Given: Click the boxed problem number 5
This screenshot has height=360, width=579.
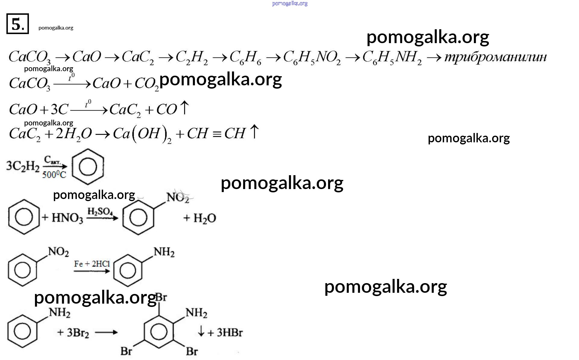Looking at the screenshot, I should click(x=17, y=24).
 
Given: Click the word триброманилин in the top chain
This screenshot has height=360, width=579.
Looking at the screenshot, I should click(x=495, y=57).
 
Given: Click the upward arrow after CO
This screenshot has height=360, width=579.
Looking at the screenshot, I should click(x=184, y=108).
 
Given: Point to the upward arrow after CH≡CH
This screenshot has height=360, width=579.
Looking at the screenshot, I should click(x=255, y=132).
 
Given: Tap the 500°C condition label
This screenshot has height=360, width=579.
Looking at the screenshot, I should click(x=54, y=175).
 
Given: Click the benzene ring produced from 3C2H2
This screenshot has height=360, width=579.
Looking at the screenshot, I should click(x=88, y=167).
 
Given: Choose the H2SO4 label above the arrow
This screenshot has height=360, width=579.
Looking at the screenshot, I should click(x=100, y=211).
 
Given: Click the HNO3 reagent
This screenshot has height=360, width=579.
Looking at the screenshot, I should click(x=67, y=218).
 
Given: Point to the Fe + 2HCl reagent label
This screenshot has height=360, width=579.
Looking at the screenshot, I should click(x=92, y=264).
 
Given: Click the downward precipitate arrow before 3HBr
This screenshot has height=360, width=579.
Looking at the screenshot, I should click(x=201, y=332).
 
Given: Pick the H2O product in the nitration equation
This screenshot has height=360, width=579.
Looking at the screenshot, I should click(x=204, y=218).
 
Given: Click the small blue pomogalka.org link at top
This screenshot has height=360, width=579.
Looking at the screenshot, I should click(x=289, y=4).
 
